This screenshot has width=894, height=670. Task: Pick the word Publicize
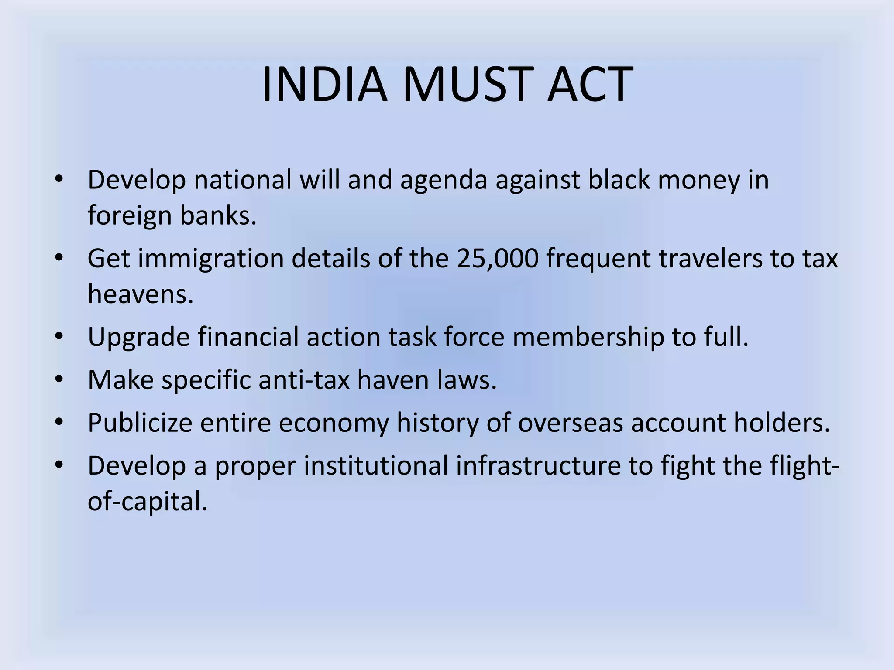[140, 423]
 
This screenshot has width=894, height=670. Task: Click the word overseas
[570, 423]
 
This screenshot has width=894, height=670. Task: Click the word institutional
[376, 466]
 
